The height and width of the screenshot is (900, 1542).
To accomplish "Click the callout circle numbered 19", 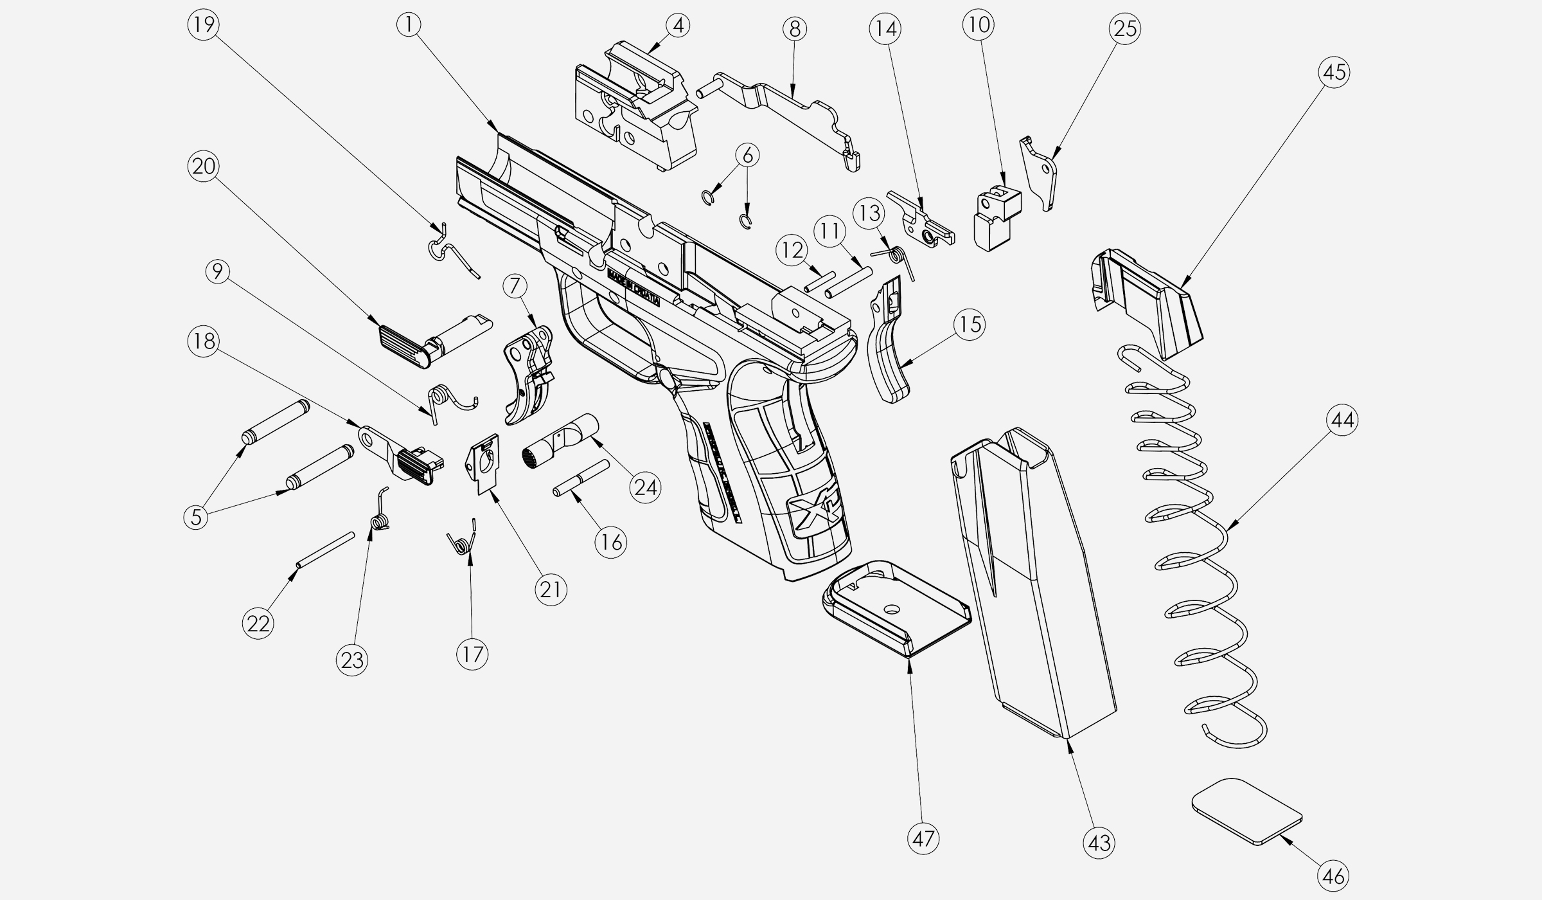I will click(203, 25).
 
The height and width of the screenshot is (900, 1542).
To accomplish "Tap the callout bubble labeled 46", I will click(1334, 876).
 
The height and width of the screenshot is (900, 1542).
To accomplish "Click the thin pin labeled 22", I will click(325, 550).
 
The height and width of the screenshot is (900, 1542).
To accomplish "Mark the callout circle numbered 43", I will click(1099, 842).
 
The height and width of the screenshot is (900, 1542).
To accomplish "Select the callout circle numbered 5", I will click(196, 516).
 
